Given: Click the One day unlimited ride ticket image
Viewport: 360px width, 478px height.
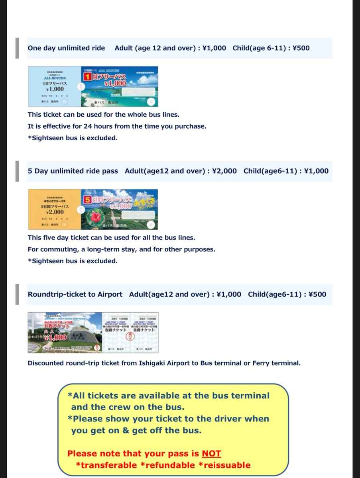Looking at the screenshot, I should coord(93,86).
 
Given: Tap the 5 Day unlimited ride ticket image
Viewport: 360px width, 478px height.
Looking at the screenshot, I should coord(93,210).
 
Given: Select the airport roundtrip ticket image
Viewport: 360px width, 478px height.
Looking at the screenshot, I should coord(93,333).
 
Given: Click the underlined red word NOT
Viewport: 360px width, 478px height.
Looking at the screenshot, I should coord(211,453).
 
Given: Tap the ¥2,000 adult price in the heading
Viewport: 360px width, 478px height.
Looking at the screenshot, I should coord(224,171).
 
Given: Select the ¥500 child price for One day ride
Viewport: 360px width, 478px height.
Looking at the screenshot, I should coord(301,48).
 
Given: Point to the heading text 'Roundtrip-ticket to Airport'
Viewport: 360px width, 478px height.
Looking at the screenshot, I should coord(75,294).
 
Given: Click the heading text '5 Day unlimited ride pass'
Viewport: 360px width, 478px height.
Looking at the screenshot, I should coord(73,171).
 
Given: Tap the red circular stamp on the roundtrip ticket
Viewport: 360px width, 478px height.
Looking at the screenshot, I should coord(130,337).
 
